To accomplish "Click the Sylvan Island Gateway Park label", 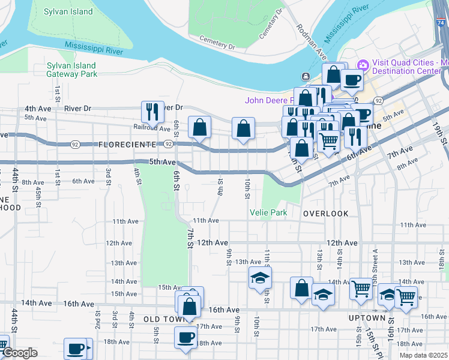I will point(71,70).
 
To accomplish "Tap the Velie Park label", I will point(268,212).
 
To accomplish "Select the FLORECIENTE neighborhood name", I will point(128,145).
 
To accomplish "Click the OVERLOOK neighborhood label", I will point(325,214).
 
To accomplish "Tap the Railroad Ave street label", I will point(152,127).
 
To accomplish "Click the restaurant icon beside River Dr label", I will point(152,112).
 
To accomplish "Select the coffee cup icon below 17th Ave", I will point(185,337).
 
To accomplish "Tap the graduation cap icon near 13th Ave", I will point(261,278).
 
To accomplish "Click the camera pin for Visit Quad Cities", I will point(362,65).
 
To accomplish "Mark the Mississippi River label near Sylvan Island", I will point(97,46).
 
